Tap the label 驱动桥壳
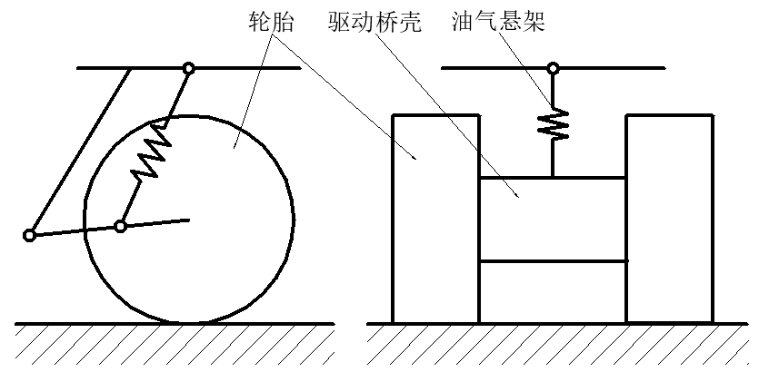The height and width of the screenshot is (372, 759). tap(374, 22)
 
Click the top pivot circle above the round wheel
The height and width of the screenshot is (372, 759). tap(188, 67)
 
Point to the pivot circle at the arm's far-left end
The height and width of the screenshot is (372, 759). tap(29, 236)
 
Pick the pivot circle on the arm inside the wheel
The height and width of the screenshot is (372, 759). tap(120, 226)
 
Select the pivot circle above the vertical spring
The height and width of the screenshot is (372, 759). tap(553, 67)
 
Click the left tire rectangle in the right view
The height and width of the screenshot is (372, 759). tap(435, 218)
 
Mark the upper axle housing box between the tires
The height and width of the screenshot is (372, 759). tap(552, 219)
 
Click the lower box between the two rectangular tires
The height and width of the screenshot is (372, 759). tap(552, 291)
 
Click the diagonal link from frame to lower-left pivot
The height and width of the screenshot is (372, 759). tap(82, 150)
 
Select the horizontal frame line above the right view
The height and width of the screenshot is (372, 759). tap(618, 67)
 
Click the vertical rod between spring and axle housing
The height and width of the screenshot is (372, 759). tap(553, 159)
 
